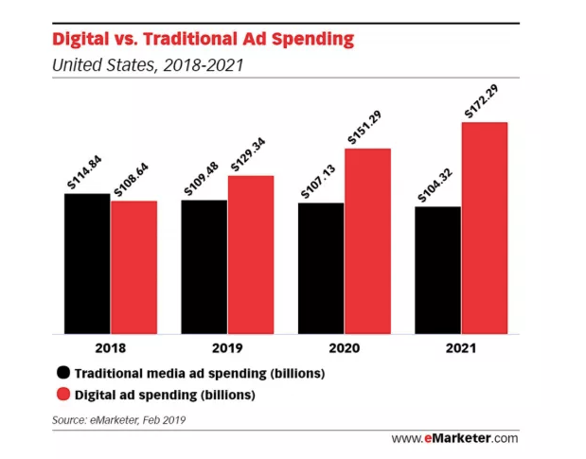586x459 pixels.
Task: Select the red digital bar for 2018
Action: click(x=133, y=267)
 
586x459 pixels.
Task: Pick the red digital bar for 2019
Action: click(x=251, y=255)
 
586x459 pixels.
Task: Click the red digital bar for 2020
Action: click(x=367, y=240)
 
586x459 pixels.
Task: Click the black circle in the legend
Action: click(x=63, y=373)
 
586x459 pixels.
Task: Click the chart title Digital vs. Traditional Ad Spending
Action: click(x=203, y=40)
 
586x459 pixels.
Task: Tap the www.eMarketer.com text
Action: click(x=455, y=437)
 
